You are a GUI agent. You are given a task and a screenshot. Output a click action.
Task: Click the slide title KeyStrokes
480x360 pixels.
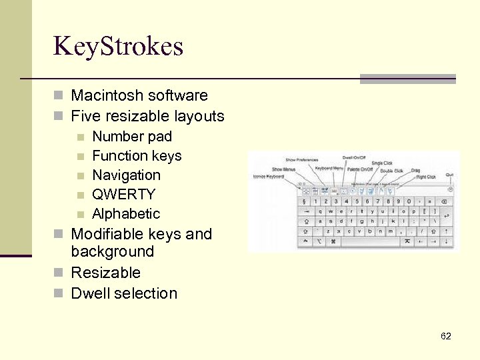(118, 46)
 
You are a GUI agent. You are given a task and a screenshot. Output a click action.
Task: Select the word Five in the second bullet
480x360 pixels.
(85, 116)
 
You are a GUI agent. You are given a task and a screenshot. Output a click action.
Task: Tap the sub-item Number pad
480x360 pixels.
(131, 137)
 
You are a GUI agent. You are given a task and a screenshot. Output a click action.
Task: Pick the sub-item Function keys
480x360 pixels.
(137, 156)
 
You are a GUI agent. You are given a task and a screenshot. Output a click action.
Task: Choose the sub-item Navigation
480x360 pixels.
(126, 175)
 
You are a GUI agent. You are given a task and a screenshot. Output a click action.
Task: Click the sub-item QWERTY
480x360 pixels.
(123, 195)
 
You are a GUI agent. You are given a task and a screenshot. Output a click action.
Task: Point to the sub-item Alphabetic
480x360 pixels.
(126, 214)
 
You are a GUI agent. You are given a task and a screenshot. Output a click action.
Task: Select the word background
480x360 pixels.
(112, 252)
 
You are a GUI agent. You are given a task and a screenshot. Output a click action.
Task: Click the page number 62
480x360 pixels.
(446, 336)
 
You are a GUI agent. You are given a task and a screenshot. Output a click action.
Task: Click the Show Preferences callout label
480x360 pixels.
(301, 160)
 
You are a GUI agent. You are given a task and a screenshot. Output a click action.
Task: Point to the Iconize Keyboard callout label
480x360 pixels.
(268, 177)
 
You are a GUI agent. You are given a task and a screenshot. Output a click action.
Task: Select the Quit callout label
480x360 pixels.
(449, 175)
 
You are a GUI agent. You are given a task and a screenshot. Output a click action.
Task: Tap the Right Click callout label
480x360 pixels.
(426, 177)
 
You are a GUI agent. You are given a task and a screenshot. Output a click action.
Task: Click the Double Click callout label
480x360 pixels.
(391, 171)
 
